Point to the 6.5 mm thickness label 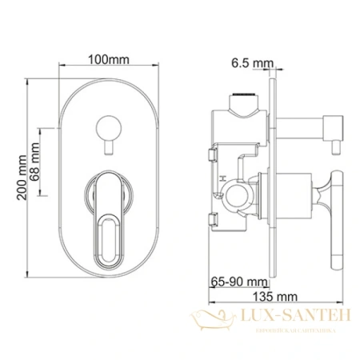pos(250,62)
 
